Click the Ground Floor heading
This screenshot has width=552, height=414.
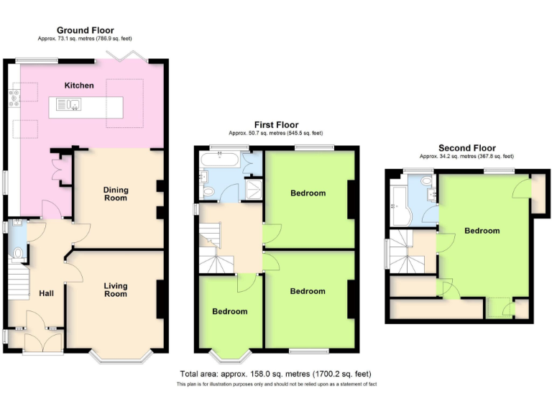pos(85,30)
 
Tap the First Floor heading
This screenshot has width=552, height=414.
pos(276,125)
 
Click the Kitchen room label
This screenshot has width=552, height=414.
pos(79,86)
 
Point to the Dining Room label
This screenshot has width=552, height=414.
pos(116,194)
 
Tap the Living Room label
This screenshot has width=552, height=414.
pos(115,290)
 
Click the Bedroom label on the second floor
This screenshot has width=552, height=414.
pos(482,231)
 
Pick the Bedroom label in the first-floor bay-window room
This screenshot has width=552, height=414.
pos(229,311)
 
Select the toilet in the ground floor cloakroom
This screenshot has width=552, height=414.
pos(16,253)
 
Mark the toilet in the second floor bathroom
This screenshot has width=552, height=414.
pos(427,180)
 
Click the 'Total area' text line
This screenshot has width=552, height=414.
pos(275,374)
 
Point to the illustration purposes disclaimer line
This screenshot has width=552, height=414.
pos(275,385)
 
